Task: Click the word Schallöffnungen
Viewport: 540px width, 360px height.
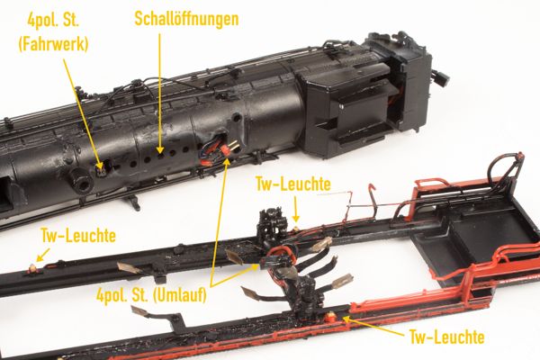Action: [186, 19]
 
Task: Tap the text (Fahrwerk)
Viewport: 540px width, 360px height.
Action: [53, 44]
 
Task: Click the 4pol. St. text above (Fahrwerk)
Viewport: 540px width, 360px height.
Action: [53, 21]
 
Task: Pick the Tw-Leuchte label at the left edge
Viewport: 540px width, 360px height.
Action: [78, 236]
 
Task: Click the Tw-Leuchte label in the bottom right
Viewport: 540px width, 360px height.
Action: [446, 337]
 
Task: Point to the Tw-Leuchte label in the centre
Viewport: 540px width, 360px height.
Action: [293, 184]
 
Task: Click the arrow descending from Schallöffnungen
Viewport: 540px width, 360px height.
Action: [160, 93]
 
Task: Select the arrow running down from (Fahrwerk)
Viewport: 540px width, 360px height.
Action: [83, 114]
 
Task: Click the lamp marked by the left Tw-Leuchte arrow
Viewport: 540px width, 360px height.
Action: [32, 267]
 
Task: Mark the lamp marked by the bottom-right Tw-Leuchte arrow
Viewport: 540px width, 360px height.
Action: [330, 314]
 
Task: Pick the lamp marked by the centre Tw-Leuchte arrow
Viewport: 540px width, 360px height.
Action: [296, 228]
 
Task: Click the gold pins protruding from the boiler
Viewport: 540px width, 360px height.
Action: [233, 146]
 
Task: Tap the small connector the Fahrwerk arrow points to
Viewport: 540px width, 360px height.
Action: [100, 171]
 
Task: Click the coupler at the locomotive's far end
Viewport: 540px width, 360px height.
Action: [442, 78]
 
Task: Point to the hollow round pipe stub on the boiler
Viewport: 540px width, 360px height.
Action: [80, 180]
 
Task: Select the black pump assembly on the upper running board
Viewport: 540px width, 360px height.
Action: [273, 223]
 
